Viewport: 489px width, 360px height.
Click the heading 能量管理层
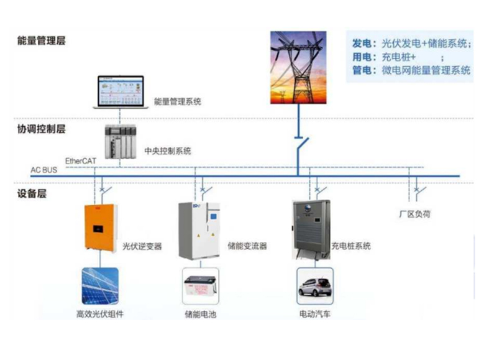pos(41,41)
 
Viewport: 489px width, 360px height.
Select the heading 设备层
pos(32,193)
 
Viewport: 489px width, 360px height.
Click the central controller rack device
pos(120,141)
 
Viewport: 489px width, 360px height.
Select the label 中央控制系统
pos(167,151)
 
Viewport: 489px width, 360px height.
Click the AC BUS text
pos(43,170)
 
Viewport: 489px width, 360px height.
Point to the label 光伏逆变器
pos(142,246)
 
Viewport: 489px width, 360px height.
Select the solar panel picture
pos(99,287)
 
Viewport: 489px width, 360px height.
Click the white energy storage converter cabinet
pos(201,229)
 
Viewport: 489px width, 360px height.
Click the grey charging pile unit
pos(310,228)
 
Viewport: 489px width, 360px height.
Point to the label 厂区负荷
pos(415,214)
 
